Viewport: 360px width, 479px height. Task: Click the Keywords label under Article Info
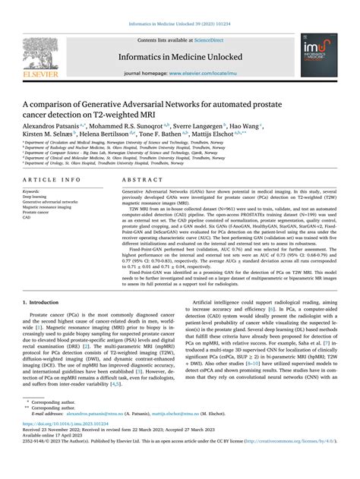pos(32,192)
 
